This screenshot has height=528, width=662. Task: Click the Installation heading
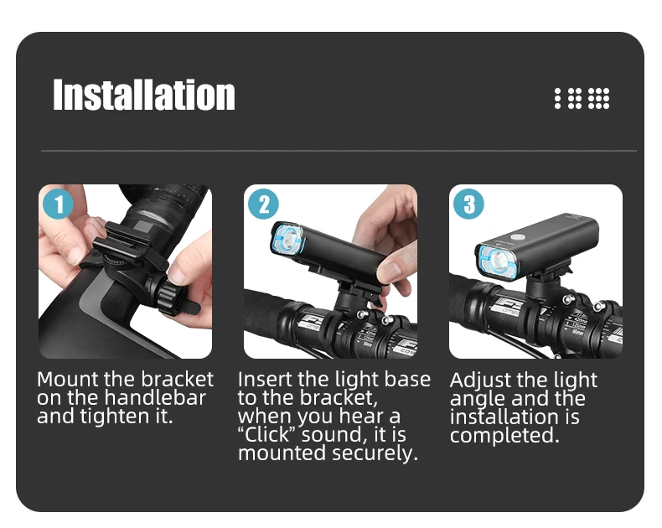click(x=143, y=95)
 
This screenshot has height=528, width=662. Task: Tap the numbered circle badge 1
click(x=59, y=204)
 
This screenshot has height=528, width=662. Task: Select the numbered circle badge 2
click(x=263, y=204)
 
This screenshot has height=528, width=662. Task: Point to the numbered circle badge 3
click(x=468, y=204)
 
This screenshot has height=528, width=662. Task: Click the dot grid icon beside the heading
click(x=582, y=98)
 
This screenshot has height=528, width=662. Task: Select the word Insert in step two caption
click(x=265, y=380)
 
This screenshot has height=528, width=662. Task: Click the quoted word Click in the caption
click(x=266, y=435)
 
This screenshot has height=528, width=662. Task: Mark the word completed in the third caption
click(x=504, y=436)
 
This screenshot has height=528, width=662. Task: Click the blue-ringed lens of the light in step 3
click(x=499, y=261)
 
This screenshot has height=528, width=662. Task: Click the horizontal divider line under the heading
click(x=339, y=150)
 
